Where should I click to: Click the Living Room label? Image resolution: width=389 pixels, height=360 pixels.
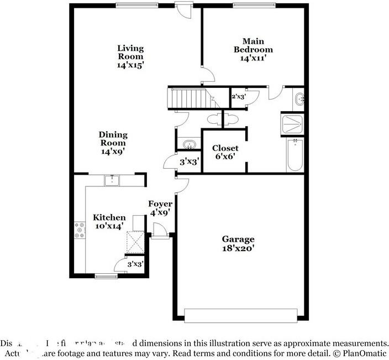130,56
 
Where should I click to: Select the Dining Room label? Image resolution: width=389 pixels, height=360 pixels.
113,143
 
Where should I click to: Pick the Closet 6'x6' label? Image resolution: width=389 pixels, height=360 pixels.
225,152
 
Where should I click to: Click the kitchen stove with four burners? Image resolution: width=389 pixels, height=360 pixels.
79,230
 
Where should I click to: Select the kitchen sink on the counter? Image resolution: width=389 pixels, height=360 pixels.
113,180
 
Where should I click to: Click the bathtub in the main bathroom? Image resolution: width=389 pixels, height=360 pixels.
295,155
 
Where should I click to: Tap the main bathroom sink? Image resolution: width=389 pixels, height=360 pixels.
299,100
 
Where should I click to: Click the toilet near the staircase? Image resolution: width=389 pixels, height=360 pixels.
213,119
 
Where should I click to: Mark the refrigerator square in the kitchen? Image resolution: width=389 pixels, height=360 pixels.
135,241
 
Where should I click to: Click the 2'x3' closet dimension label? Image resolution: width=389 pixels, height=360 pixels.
238,97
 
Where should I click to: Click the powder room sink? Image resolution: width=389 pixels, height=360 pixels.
190,145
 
